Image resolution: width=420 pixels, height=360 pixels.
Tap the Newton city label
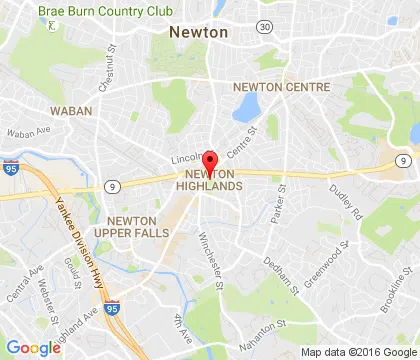pos(199,32)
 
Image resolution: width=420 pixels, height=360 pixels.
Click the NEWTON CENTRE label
pos(281,88)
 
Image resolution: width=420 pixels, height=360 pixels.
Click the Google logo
pos(33,347)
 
